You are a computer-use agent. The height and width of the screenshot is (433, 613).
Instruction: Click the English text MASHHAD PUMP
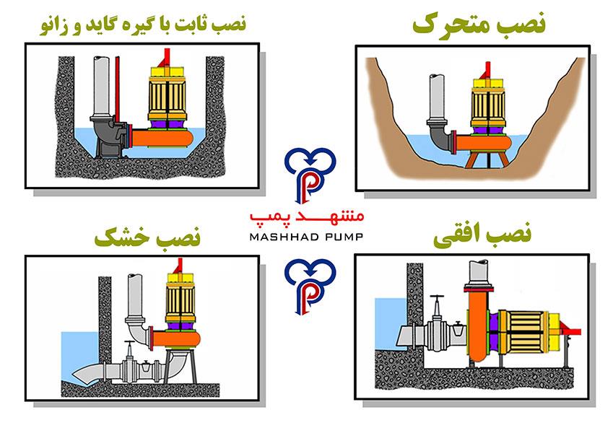[305, 235]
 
